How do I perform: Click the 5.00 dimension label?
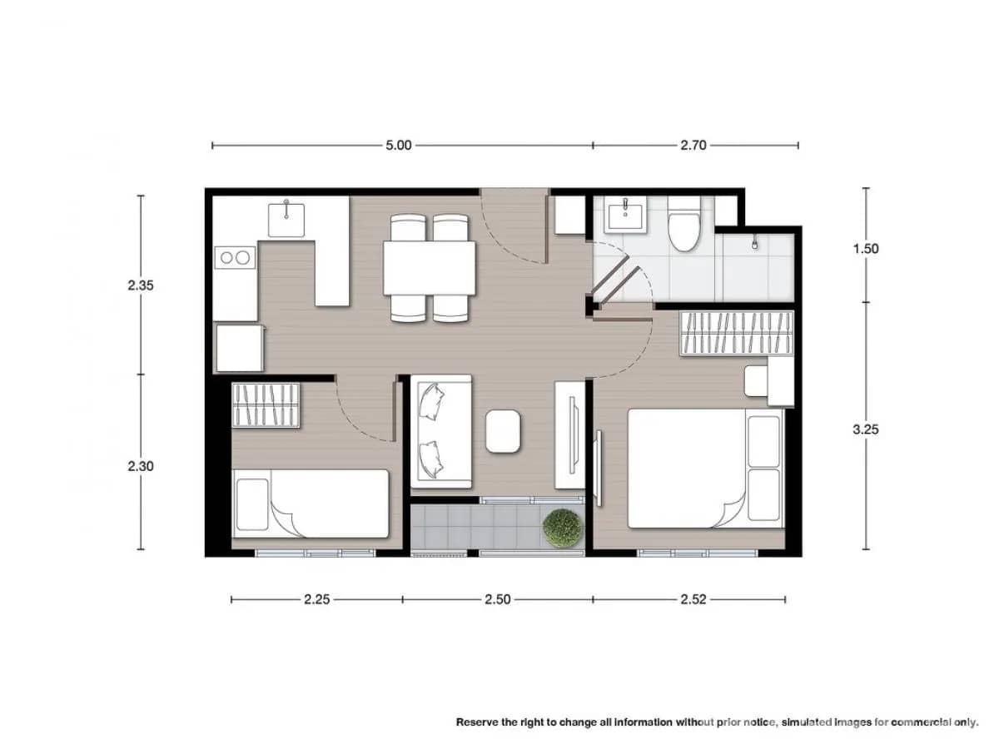tap(398, 145)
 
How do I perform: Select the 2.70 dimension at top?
tap(693, 145)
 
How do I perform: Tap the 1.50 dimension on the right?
tap(866, 248)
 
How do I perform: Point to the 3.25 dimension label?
tap(866, 429)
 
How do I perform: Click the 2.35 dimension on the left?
tap(140, 285)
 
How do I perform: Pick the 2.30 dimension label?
tap(140, 466)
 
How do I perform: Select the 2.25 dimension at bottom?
tap(317, 598)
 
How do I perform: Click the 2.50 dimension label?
tap(497, 598)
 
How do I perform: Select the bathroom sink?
tap(624, 216)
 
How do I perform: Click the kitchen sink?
tap(286, 218)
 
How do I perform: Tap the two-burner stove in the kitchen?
tap(234, 258)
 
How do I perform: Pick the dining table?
tap(429, 268)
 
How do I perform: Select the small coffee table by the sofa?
tap(503, 431)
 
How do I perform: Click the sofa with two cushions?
tap(441, 430)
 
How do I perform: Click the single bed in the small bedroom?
tap(311, 503)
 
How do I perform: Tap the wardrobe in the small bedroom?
tap(265, 404)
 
